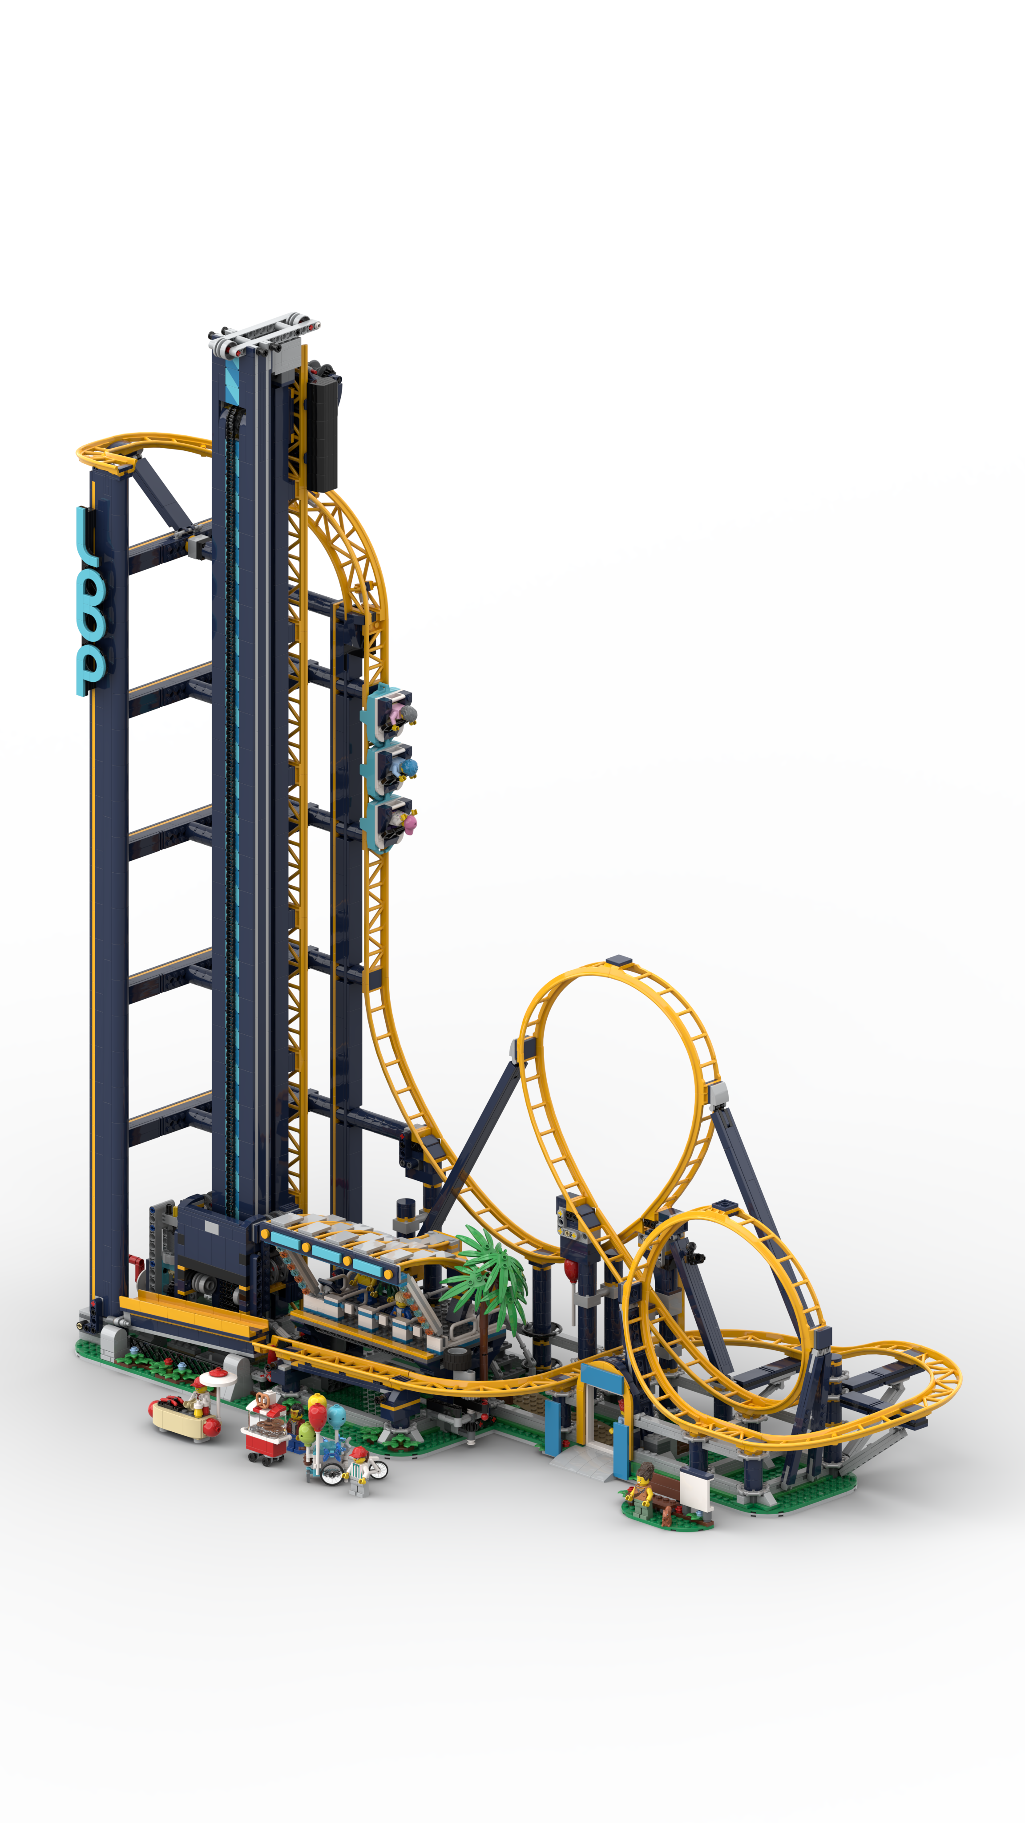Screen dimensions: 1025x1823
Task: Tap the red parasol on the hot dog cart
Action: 213,1375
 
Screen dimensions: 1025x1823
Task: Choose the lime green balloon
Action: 306,1434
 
